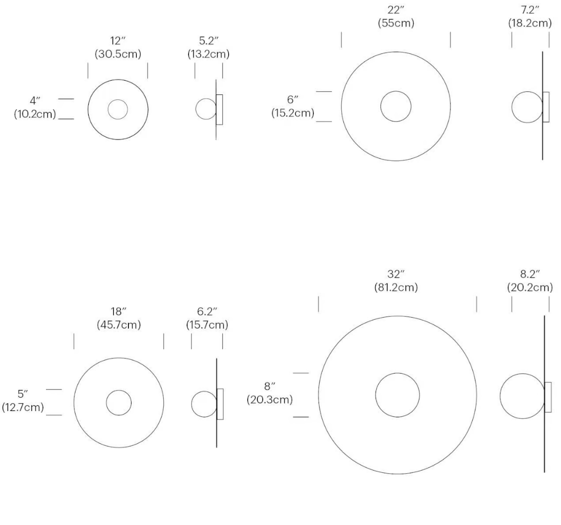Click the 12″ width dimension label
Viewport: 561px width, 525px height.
118,41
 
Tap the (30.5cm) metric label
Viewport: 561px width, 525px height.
118,54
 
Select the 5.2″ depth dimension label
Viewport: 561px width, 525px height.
209,41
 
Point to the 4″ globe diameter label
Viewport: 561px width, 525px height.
35,101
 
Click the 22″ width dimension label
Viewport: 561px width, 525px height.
396,9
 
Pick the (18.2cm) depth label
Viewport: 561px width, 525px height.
530,23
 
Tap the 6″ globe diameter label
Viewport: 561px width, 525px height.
293,99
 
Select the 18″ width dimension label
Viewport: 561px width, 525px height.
118,311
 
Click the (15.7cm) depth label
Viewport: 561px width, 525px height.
207,324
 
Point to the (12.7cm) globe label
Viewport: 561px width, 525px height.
23,407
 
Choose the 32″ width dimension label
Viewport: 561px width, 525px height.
396,274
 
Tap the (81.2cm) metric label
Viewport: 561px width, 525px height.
396,288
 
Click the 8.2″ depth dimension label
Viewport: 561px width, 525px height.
530,274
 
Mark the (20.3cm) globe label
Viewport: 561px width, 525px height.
269,399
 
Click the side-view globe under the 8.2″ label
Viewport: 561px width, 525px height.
500,396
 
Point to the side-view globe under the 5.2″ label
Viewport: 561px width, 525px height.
195,109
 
